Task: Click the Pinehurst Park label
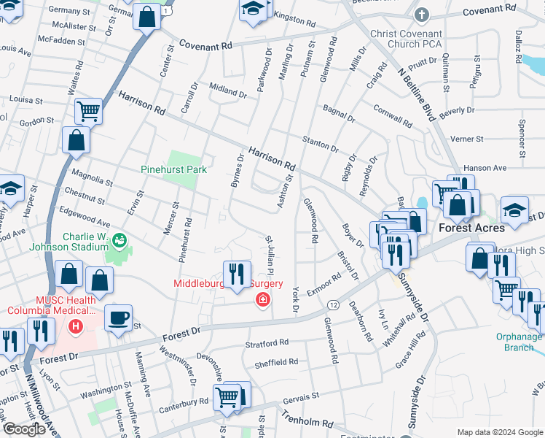(x=173, y=169)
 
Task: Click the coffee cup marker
(x=118, y=318)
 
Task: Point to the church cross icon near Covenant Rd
(x=422, y=14)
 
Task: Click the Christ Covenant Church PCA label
(x=416, y=39)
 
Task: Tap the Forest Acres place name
(x=471, y=227)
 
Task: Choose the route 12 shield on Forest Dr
(x=332, y=303)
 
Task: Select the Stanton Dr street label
(x=321, y=143)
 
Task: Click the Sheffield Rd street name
(x=276, y=362)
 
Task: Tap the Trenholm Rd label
(x=307, y=418)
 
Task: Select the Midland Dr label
(x=228, y=91)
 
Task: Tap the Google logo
(x=25, y=429)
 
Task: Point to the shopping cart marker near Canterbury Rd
(x=227, y=397)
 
